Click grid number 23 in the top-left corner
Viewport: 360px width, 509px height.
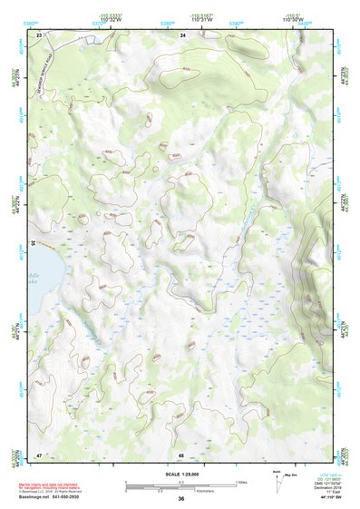tap(39, 34)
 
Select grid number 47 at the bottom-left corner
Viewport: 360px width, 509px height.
tap(39, 454)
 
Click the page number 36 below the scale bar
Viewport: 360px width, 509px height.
tap(181, 499)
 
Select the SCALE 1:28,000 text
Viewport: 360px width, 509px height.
tap(180, 473)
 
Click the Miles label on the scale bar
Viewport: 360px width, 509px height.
tap(241, 482)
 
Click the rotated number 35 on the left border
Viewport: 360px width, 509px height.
tap(33, 243)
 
